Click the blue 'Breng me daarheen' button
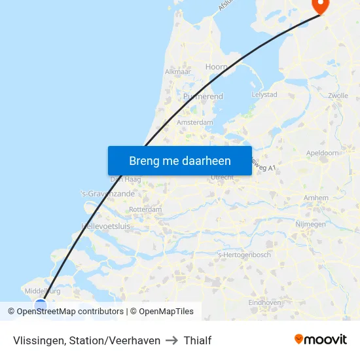point(179,160)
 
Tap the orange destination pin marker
point(321,5)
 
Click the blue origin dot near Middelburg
point(41,305)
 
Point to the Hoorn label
point(217,67)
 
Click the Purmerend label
point(203,96)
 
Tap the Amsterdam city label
point(195,122)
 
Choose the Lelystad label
point(264,95)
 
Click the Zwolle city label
point(338,96)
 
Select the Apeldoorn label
point(323,153)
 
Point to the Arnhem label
point(317,198)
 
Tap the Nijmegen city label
point(310,225)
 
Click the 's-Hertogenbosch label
point(243,255)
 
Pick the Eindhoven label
point(264,302)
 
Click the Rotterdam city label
point(145,209)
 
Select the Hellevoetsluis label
point(106,226)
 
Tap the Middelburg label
point(41,291)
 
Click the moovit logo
point(321,340)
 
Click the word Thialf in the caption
point(198,340)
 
